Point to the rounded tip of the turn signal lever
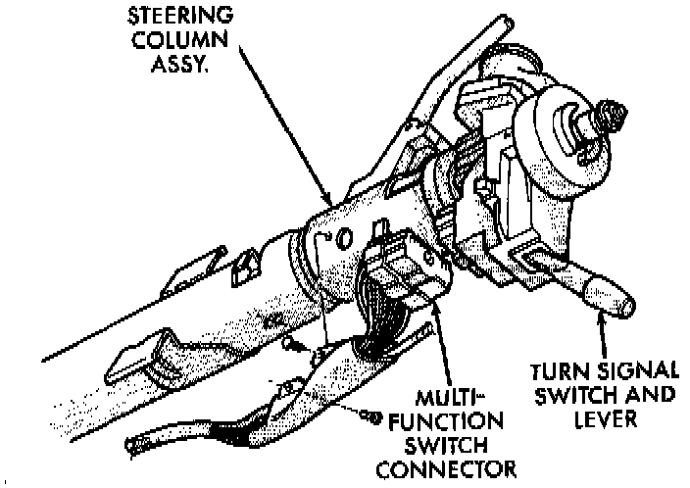pos(620,303)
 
